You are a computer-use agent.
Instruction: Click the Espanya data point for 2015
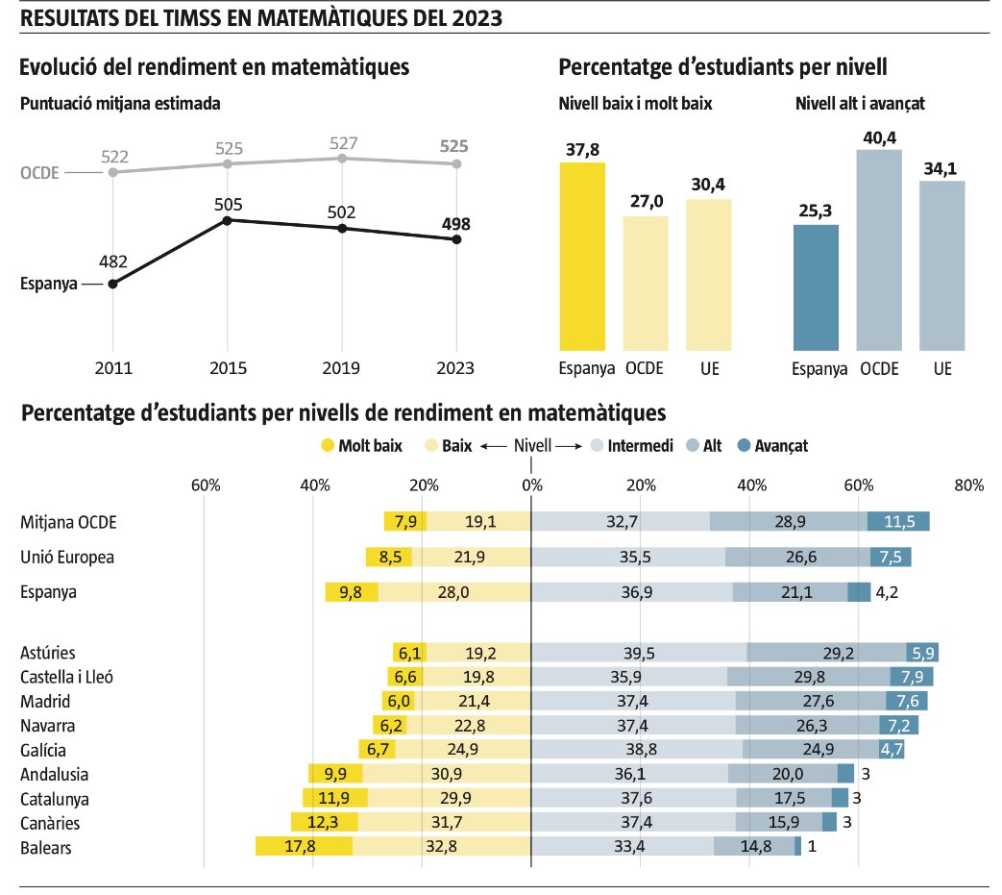pyautogui.click(x=227, y=220)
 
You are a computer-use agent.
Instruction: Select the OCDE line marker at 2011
pyautogui.click(x=113, y=172)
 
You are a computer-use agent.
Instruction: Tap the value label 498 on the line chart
pyautogui.click(x=456, y=224)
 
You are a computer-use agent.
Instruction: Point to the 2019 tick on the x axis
pyautogui.click(x=342, y=368)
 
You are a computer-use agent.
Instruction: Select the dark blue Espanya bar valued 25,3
pyautogui.click(x=816, y=287)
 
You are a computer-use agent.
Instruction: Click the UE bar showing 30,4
pyautogui.click(x=709, y=274)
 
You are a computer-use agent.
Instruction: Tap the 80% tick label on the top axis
pyautogui.click(x=968, y=485)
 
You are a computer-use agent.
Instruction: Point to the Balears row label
pyautogui.click(x=46, y=847)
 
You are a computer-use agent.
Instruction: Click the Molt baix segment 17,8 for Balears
pyautogui.click(x=304, y=846)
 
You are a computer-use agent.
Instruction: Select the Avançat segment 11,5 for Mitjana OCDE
pyautogui.click(x=898, y=521)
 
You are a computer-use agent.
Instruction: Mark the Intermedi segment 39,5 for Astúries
pyautogui.click(x=639, y=653)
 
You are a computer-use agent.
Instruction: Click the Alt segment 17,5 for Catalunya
pyautogui.click(x=783, y=798)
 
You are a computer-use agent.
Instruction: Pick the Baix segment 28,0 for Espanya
pyautogui.click(x=454, y=592)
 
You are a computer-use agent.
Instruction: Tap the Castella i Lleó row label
pyautogui.click(x=67, y=677)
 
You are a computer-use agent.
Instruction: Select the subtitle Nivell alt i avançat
pyautogui.click(x=860, y=104)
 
